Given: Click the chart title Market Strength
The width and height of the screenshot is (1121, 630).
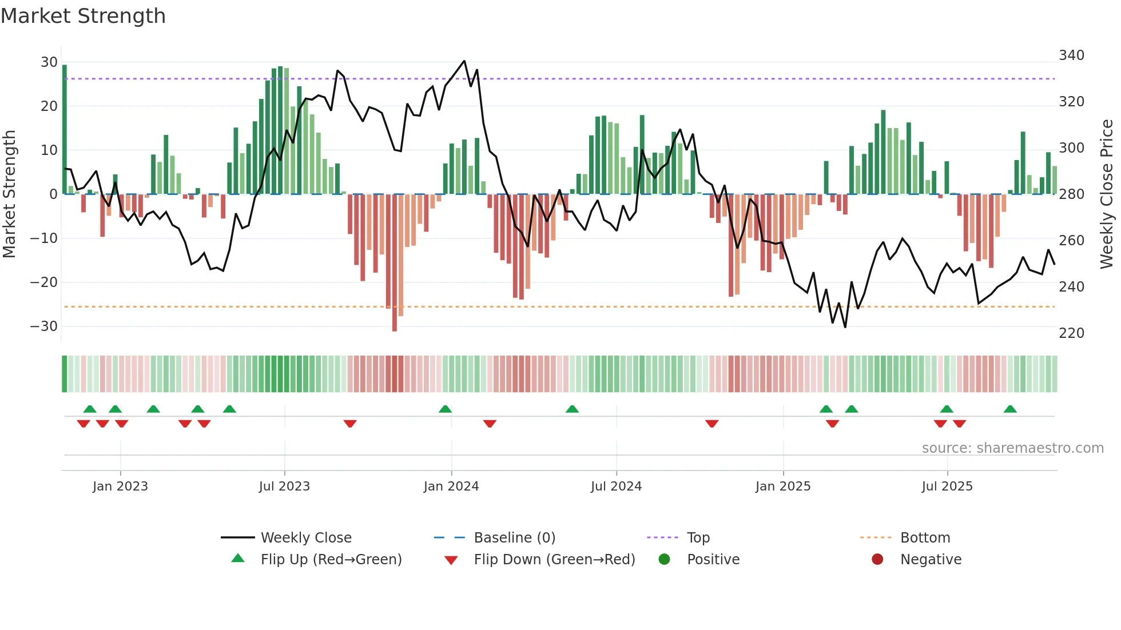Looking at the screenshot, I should tap(84, 16).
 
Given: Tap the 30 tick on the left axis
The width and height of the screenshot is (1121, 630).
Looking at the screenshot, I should tap(49, 62).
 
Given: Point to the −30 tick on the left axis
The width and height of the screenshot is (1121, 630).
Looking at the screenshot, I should tap(44, 326).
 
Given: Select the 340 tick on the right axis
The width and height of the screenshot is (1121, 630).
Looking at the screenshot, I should tap(1071, 55).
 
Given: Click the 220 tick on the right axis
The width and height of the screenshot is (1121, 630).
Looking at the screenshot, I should tap(1071, 333).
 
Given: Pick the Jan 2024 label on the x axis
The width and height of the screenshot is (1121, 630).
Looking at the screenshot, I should tap(451, 487).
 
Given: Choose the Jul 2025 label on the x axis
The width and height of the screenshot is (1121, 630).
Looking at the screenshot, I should tap(947, 487).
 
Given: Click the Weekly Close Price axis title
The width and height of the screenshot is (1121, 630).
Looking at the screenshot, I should tap(1107, 194).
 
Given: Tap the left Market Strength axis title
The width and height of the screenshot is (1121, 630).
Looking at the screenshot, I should tap(10, 194).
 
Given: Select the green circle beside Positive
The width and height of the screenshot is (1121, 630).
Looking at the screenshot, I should tap(664, 560).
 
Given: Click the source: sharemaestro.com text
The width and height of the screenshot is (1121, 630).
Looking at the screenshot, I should tap(1012, 448).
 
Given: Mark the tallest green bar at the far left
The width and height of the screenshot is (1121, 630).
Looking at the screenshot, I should tap(65, 129).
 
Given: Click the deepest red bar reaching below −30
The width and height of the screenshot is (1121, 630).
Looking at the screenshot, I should tap(395, 263).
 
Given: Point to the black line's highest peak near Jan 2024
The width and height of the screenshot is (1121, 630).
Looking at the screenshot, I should tap(464, 61).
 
